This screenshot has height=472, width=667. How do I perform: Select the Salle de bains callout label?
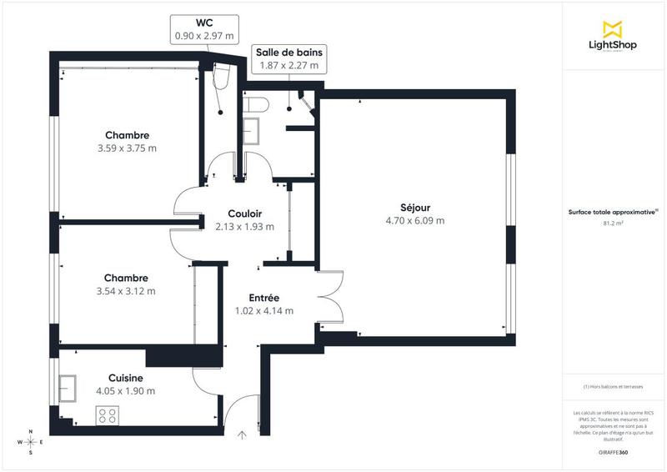coord(290,58)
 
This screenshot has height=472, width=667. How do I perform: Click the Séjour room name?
coord(414,208)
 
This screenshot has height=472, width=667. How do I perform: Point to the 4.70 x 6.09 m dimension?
coord(414,221)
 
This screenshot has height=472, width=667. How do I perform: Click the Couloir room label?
coord(244,213)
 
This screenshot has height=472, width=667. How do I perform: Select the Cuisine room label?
coord(125,378)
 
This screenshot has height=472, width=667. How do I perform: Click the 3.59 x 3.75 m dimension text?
coord(127,148)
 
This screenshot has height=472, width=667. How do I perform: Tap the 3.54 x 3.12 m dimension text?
coord(126,291)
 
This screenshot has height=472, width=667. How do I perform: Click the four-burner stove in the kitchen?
coord(107,414)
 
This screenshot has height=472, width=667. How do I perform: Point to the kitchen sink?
coord(68,388)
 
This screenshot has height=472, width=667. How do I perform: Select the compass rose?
coord(30,442)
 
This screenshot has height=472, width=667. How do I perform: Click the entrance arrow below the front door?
coord(243,434)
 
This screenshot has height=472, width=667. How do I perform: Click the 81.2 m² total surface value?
coord(613,223)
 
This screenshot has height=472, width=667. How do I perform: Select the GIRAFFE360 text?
coord(613,449)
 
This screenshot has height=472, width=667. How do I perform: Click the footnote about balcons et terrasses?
coord(613,386)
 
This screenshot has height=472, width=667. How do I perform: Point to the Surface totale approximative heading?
coord(613,213)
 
